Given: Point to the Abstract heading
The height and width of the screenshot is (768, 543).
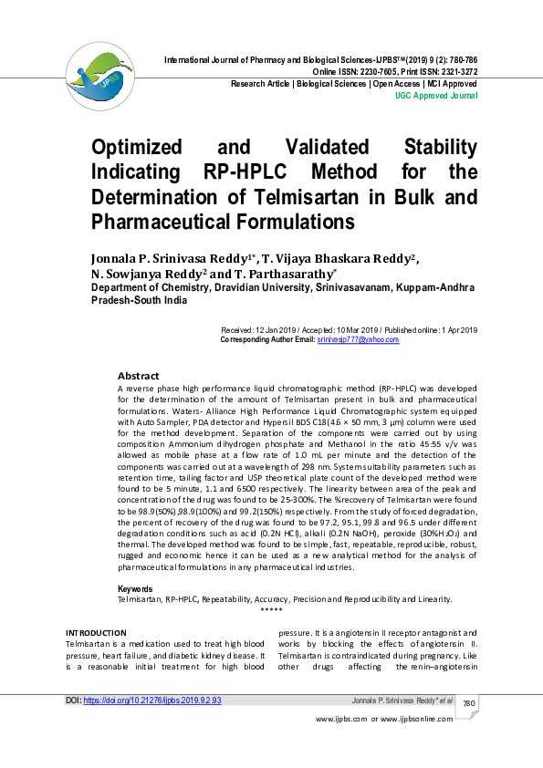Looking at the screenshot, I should click(138, 376).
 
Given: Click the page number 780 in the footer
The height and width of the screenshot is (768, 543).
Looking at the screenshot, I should click(469, 703).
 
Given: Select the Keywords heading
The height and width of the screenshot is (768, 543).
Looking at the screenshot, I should click(136, 589).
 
